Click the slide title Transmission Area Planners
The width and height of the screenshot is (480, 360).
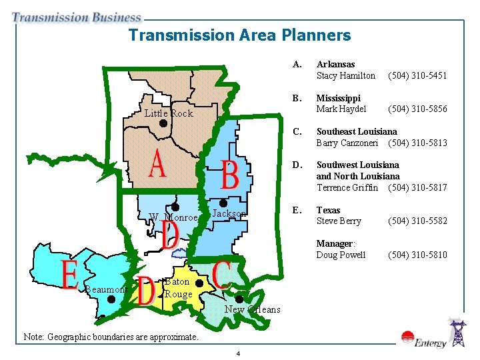point(239,35)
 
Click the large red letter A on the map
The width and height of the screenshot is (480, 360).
point(157,165)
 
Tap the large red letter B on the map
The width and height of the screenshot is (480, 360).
point(229,175)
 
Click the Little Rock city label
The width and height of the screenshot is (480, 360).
point(169,113)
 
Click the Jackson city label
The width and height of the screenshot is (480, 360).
point(229,213)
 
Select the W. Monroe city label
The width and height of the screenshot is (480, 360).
point(173,218)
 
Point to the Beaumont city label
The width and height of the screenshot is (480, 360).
point(105,289)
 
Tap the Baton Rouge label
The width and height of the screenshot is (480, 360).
point(178,288)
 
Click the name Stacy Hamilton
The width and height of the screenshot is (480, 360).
point(345,75)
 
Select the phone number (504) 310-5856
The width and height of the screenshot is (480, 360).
point(417,109)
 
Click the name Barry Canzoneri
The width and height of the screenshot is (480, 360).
point(347,143)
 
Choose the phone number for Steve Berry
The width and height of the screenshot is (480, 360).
point(417,221)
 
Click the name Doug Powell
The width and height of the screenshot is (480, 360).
point(341,255)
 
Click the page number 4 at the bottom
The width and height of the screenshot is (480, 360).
point(239,353)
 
